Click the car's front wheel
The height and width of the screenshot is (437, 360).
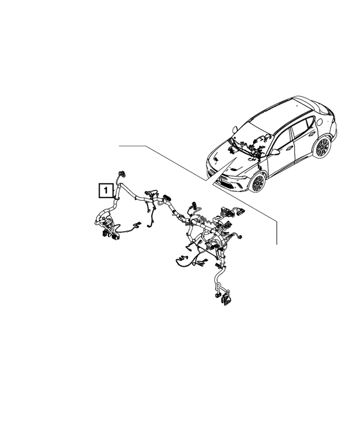click(258, 182)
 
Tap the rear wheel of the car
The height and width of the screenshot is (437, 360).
click(322, 147)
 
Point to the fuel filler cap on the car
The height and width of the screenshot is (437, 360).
click(319, 120)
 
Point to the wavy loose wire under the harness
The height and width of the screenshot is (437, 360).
click(183, 259)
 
